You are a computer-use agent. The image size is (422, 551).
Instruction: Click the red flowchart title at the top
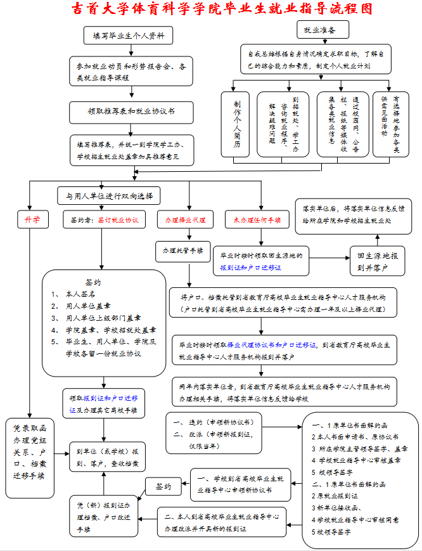(220, 9)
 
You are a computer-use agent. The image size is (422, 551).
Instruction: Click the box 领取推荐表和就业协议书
(131, 112)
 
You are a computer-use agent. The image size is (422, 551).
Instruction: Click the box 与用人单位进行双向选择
(110, 195)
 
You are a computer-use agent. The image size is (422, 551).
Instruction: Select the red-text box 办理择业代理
(185, 219)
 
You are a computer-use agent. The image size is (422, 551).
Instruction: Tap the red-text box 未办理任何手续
(257, 219)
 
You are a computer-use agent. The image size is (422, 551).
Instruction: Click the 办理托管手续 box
(182, 251)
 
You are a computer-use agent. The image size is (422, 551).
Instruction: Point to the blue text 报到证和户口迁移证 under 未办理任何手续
(251, 268)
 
